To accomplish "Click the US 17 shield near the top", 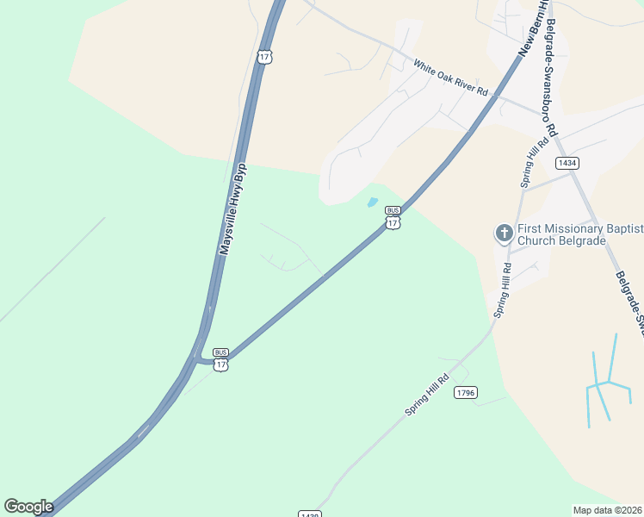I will (264, 56).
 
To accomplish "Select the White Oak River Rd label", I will (449, 78).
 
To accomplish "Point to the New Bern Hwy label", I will (533, 29).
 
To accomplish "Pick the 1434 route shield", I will (567, 163).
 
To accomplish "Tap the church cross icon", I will (504, 233).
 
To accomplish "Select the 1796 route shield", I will (466, 393).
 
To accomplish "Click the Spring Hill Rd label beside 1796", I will (428, 396).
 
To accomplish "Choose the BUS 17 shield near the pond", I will (393, 218).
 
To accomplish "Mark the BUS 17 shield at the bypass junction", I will (221, 359).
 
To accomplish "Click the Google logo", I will (29, 507).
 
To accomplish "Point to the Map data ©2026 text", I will (607, 510).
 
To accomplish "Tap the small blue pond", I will (372, 203).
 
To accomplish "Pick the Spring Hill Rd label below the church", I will (502, 290).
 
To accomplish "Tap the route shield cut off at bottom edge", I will (310, 514).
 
